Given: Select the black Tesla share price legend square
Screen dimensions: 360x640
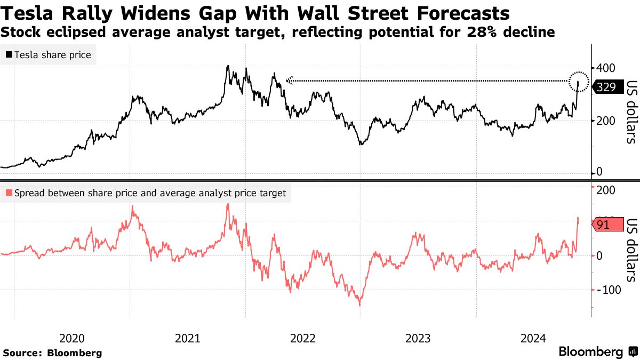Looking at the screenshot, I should click(x=9, y=55).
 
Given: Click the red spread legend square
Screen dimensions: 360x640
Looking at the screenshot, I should click(x=9, y=193).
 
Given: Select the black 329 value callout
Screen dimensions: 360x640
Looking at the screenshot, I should click(x=606, y=87).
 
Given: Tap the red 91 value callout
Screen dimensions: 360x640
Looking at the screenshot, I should click(x=604, y=225).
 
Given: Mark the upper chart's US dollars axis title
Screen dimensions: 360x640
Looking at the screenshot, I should click(x=631, y=112).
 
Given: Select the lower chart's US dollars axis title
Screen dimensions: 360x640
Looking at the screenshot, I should click(x=631, y=250).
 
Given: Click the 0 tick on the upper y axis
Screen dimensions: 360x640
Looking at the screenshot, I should click(x=600, y=172).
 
